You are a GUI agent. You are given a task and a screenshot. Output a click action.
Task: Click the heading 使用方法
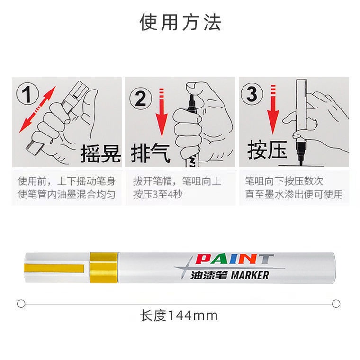tap(180, 22)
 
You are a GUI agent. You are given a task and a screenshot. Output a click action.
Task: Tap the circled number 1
tap(27, 94)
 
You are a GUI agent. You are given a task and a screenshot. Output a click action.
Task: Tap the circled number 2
tap(140, 99)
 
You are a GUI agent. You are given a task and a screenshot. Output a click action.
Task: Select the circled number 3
tap(252, 94)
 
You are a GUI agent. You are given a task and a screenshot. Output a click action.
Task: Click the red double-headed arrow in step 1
tap(37, 109)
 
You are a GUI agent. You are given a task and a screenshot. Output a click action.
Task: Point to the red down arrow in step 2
tap(162, 113)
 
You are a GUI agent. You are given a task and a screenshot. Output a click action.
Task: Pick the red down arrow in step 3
tap(273, 109)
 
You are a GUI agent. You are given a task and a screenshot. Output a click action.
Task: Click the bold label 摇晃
tap(100, 154)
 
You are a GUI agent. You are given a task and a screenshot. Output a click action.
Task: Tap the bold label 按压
tap(267, 150)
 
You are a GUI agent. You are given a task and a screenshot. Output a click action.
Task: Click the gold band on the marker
tap(104, 268)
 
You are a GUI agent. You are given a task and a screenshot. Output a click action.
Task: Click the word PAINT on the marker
tap(234, 259)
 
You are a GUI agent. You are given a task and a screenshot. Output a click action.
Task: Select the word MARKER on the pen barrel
tap(250, 275)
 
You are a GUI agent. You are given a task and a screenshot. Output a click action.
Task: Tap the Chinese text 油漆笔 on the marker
tap(209, 275)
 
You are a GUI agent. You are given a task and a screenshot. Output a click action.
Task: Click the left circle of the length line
tap(21, 304)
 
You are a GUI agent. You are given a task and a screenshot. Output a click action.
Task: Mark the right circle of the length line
tap(336, 304)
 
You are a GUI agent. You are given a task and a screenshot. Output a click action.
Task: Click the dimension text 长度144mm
tap(179, 315)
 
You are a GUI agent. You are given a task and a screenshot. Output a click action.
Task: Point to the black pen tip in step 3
tap(300, 153)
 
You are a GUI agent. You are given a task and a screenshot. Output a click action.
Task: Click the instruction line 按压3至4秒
tap(158, 195)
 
